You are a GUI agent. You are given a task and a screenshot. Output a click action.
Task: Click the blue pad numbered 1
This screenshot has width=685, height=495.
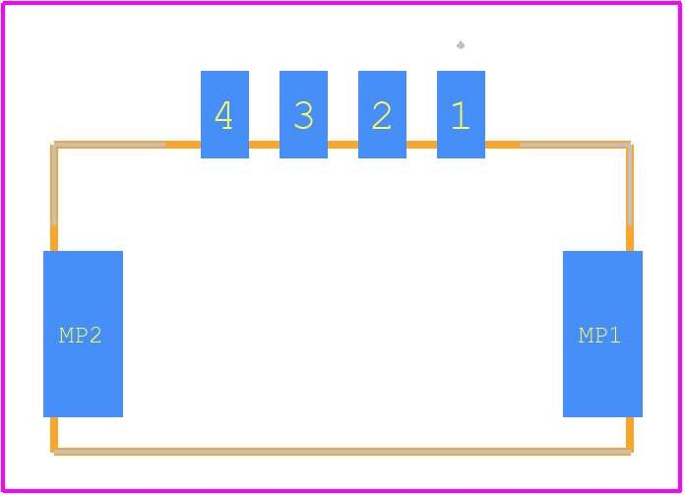461,114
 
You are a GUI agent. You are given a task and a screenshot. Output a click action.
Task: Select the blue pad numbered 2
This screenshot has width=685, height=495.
382,114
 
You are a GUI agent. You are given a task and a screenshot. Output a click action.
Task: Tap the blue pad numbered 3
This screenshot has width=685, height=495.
303,114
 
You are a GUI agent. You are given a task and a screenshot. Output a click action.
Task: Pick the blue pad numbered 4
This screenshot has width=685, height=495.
225,114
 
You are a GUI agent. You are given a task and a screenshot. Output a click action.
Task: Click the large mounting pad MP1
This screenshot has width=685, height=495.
603,334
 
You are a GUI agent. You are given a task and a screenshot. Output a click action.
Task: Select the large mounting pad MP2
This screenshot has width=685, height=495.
83,334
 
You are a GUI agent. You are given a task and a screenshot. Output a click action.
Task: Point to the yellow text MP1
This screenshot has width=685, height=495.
599,336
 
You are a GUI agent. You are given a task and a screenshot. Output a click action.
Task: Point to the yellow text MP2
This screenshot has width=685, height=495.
81,336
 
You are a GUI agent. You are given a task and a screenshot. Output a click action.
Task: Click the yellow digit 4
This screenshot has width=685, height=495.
223,115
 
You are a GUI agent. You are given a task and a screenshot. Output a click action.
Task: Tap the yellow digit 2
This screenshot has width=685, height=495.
382,115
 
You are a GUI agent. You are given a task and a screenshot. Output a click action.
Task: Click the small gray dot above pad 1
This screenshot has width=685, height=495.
461,45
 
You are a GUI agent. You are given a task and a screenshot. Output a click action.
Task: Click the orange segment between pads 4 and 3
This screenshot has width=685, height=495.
265,145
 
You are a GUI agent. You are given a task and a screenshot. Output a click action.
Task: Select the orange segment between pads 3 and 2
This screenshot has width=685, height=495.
342,145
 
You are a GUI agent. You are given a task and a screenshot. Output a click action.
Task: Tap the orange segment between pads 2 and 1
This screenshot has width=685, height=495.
421,145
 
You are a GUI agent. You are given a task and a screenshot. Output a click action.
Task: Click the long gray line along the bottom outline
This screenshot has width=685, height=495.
342,452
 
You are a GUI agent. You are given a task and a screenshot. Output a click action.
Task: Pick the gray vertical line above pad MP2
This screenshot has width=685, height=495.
54,184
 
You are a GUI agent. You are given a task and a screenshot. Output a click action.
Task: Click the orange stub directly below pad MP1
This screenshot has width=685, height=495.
630,433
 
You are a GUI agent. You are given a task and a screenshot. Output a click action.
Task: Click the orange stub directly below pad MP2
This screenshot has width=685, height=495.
54,433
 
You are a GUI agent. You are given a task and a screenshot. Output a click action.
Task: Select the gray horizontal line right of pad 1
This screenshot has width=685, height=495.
575,145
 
